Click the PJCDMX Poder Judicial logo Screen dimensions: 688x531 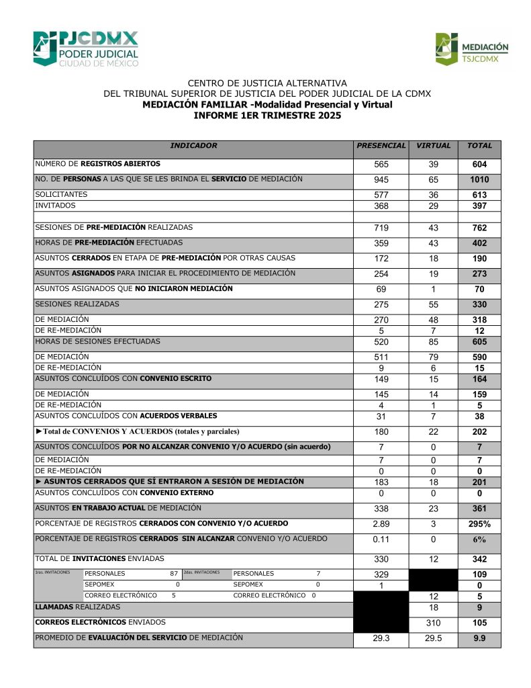tap(85, 48)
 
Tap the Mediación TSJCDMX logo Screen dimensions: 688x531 tap(472, 50)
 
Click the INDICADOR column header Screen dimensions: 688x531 tap(193, 146)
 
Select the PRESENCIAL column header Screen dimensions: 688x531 tap(381, 146)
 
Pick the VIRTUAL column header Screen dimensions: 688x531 tap(433, 146)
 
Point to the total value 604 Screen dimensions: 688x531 tap(479, 165)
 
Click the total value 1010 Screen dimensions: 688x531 tap(479, 180)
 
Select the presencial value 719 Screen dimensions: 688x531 tap(381, 228)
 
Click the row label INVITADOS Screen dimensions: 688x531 tap(56, 205)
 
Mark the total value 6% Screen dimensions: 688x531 tap(479, 540)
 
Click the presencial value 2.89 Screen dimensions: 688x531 tap(381, 524)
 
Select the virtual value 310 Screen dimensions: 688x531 tap(433, 623)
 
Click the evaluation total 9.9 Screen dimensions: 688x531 tap(479, 639)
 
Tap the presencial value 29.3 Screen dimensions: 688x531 tap(381, 639)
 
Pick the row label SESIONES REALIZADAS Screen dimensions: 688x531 tap(77, 304)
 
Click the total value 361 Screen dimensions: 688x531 tap(479, 509)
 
